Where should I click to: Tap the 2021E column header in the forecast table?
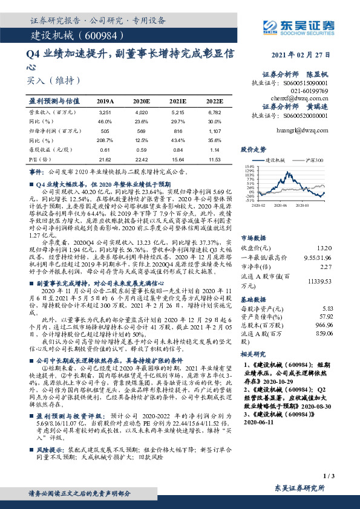178,102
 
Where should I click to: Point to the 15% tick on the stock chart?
250,165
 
